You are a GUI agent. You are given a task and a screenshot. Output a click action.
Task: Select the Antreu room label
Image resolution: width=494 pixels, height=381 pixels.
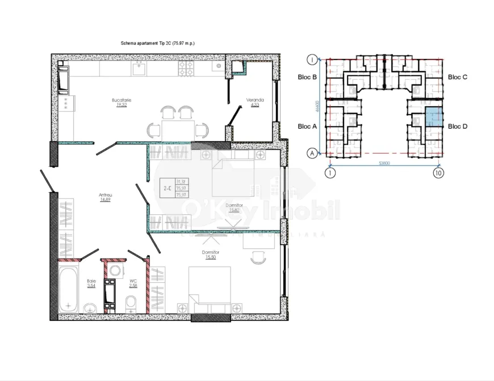pos(105,195)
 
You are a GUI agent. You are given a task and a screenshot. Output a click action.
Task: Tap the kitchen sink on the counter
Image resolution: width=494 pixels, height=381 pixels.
pos(139,69)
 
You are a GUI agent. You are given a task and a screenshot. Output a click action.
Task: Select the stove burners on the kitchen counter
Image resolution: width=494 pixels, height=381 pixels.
pos(186,69)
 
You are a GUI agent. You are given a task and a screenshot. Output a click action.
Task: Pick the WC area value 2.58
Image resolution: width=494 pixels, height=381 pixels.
pos(132,285)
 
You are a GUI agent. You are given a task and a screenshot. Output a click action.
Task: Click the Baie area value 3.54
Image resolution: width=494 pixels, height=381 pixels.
pos(91,285)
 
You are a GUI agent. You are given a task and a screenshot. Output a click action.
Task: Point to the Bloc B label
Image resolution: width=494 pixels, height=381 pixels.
pos(307,77)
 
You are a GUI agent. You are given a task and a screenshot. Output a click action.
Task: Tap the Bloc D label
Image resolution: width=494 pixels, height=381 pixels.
pos(457,126)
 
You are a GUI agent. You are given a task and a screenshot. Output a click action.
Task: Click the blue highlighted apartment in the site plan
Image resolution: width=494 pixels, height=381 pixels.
pos(434,117)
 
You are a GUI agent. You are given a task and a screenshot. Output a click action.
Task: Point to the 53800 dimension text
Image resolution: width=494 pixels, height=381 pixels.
pos(384,164)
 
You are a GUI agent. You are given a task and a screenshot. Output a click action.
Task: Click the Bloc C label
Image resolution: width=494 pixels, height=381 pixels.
pos(457,77)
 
